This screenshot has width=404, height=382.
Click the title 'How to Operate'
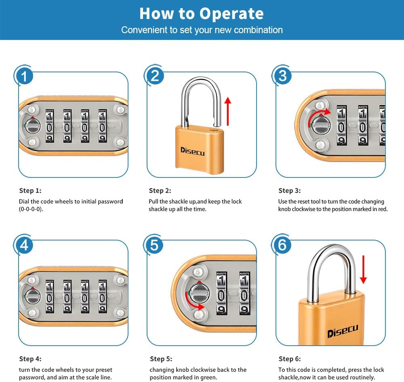tap(202, 13)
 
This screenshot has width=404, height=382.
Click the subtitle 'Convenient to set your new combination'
tap(202, 30)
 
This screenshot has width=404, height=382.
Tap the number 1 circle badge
tap(25, 76)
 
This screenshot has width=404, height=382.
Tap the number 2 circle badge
tap(155, 76)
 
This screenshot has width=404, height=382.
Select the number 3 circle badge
tap(283, 76)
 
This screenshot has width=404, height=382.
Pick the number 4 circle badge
tap(25, 245)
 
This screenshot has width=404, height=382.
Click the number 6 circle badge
tap(283, 245)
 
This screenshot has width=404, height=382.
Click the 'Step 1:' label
tap(30, 190)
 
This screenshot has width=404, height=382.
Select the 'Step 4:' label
tap(30, 359)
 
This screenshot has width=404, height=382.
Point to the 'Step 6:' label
tap(290, 359)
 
